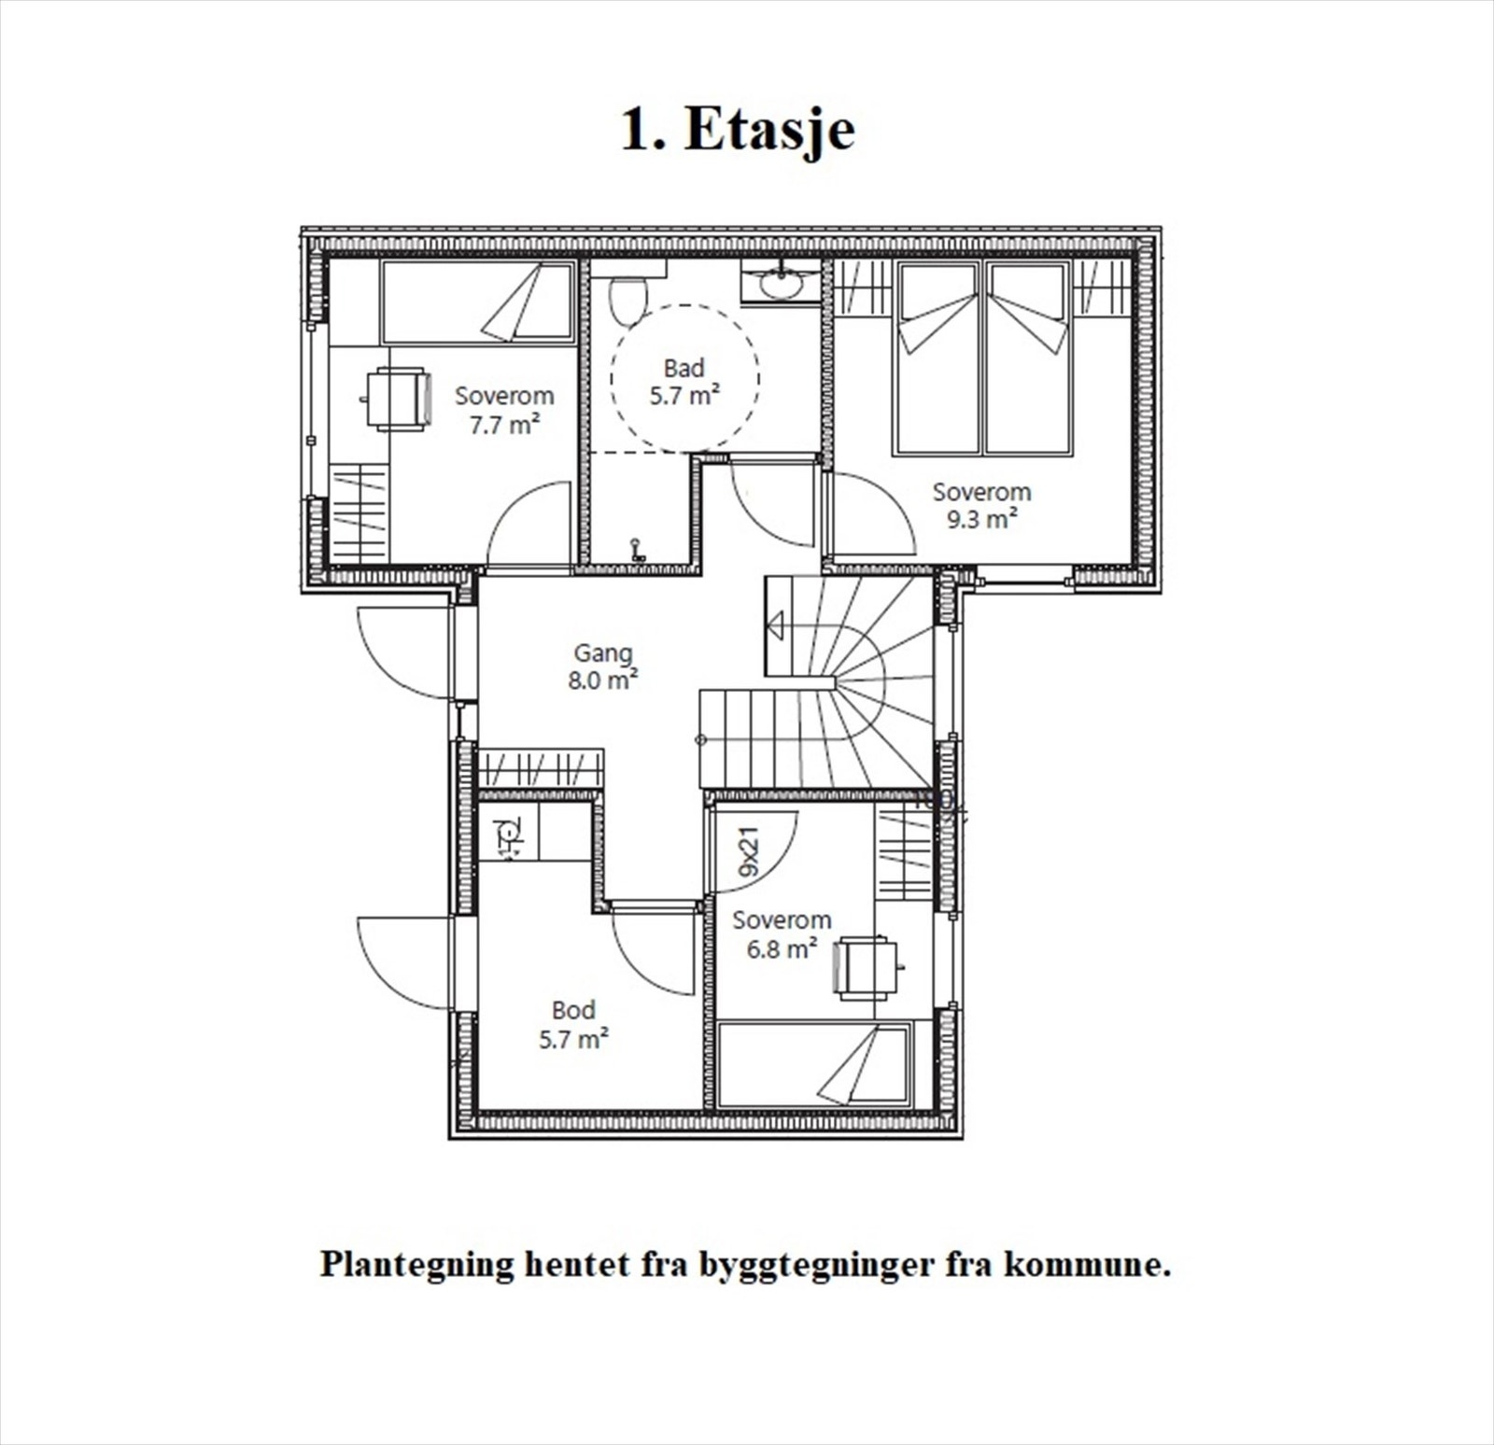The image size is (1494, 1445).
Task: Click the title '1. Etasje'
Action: [738, 130]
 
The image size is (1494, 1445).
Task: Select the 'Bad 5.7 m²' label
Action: [684, 382]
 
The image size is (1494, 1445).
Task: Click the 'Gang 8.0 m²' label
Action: [602, 666]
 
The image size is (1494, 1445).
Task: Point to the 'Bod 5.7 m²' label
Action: [573, 1024]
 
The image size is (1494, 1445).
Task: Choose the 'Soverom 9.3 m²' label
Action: [981, 505]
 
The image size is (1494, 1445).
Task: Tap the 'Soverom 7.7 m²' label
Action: [504, 410]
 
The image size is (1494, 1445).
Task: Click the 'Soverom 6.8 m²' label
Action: [782, 934]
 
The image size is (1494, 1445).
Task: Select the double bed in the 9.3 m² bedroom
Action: [982, 359]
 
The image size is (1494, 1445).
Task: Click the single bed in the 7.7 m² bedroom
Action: [478, 302]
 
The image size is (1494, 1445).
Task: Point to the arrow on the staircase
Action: [776, 626]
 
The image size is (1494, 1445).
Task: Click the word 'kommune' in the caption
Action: [1086, 1266]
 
